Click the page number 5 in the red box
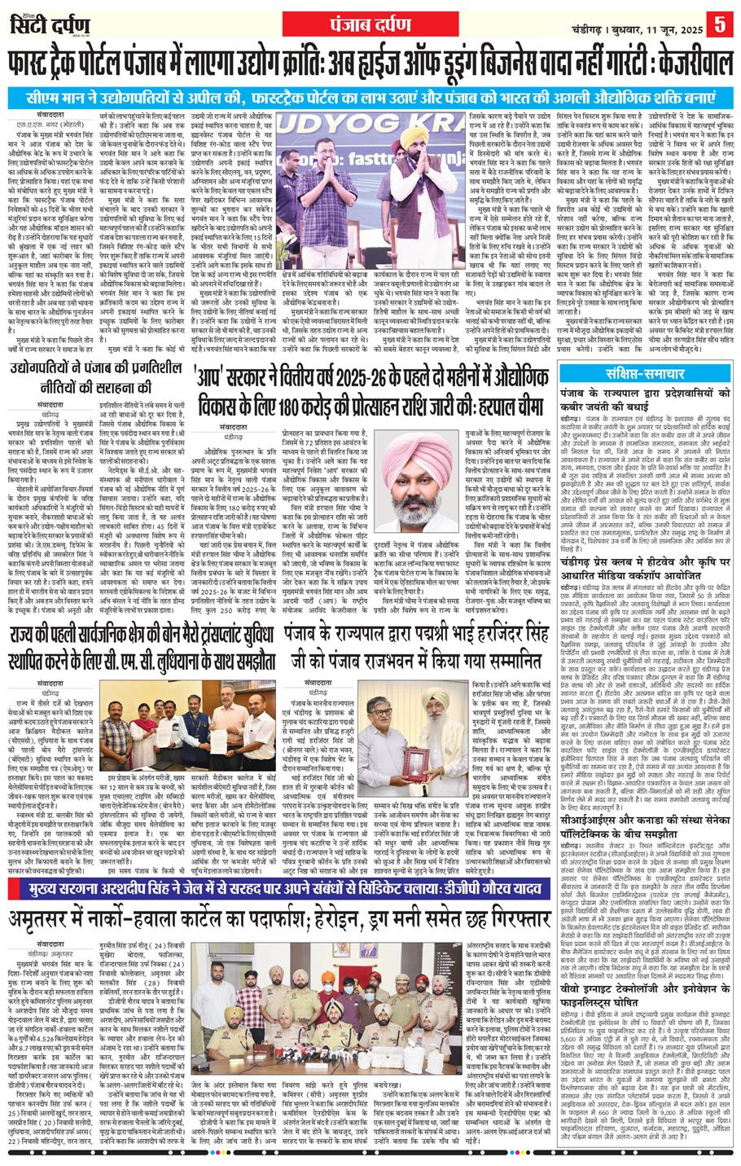(720, 24)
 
